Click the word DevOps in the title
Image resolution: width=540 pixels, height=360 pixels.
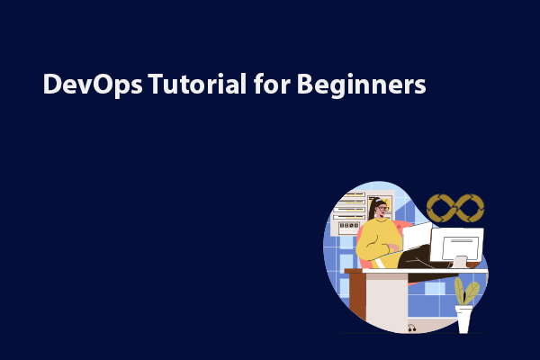93,85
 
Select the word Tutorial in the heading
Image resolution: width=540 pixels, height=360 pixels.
197,84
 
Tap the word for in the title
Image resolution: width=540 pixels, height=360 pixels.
272,84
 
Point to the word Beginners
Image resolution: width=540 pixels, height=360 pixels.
361,85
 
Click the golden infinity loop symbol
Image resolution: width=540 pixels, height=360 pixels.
455,208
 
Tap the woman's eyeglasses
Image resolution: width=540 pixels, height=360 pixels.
383,209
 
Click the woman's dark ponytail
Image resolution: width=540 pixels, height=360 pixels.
372,209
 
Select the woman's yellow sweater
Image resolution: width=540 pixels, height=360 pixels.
377,243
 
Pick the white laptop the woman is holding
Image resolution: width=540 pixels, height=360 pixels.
417,237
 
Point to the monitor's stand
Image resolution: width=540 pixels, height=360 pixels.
460,263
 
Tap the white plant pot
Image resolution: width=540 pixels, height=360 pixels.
463,319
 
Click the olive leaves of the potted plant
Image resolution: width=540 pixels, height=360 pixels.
465,292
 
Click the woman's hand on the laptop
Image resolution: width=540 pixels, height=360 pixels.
393,247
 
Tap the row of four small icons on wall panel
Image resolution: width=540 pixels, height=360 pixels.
349,226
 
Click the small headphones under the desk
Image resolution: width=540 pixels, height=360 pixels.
411,328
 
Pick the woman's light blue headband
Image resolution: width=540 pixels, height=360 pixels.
379,200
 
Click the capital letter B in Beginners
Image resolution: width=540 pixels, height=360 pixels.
304,84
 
